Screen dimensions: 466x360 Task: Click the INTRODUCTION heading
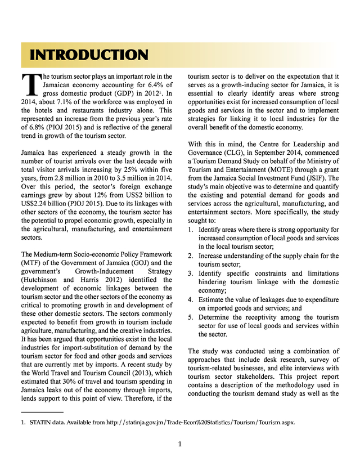(89, 55)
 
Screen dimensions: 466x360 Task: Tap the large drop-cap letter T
(27, 83)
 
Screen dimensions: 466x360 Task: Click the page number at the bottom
(179, 444)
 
